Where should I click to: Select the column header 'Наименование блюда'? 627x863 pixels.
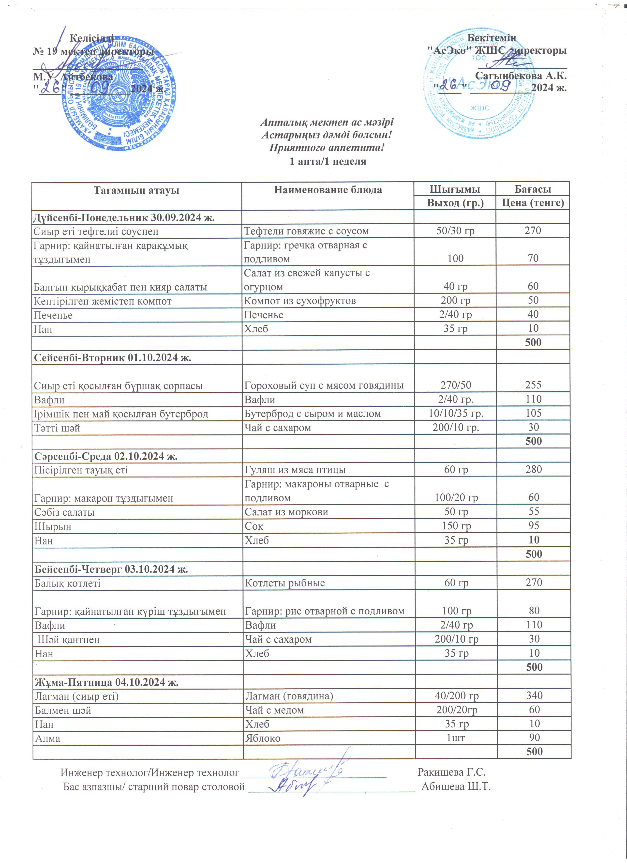(328, 190)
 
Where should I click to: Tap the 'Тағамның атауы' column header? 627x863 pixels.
(136, 190)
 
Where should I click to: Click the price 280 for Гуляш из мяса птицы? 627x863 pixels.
(534, 470)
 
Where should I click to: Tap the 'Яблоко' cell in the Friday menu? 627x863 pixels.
(263, 738)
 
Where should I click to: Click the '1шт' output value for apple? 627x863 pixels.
(456, 738)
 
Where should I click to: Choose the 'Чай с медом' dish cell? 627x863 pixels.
(274, 710)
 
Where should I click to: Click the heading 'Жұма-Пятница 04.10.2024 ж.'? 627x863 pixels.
(106, 682)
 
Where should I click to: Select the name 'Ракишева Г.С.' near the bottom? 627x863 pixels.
(452, 772)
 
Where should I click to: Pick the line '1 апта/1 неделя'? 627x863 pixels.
(328, 161)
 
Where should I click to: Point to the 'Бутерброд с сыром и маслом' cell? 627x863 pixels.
(313, 414)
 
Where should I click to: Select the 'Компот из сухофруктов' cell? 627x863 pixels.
(300, 301)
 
